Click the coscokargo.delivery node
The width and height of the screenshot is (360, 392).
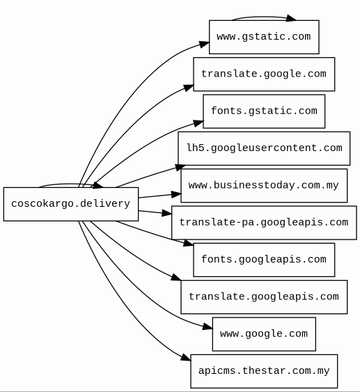(x=71, y=204)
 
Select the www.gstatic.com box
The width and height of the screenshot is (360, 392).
(x=264, y=37)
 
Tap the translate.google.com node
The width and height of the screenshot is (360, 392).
(x=264, y=75)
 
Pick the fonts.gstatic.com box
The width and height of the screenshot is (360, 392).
(x=264, y=111)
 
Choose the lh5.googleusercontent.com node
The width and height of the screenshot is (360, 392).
(x=264, y=148)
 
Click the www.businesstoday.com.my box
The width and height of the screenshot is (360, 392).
(x=264, y=185)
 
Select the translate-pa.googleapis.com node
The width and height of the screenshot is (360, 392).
(x=264, y=223)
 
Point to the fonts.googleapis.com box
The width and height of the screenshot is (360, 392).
(x=264, y=260)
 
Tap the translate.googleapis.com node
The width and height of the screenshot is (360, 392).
(x=264, y=297)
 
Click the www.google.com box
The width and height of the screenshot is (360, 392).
(x=264, y=334)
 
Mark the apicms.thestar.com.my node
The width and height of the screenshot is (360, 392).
(x=264, y=371)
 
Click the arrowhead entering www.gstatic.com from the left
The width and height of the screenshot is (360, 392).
(x=205, y=44)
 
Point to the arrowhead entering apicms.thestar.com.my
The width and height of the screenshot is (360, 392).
(x=186, y=357)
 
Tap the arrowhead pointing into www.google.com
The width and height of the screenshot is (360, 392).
(x=208, y=327)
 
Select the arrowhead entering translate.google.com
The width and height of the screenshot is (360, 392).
(x=189, y=88)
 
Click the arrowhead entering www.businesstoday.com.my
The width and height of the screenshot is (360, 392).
(x=176, y=194)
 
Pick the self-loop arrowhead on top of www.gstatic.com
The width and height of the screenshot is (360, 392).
(x=291, y=18)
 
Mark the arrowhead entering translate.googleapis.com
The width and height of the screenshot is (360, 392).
(x=176, y=277)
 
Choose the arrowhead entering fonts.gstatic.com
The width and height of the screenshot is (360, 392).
(x=198, y=123)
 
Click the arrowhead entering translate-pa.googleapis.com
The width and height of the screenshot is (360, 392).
(x=167, y=213)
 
